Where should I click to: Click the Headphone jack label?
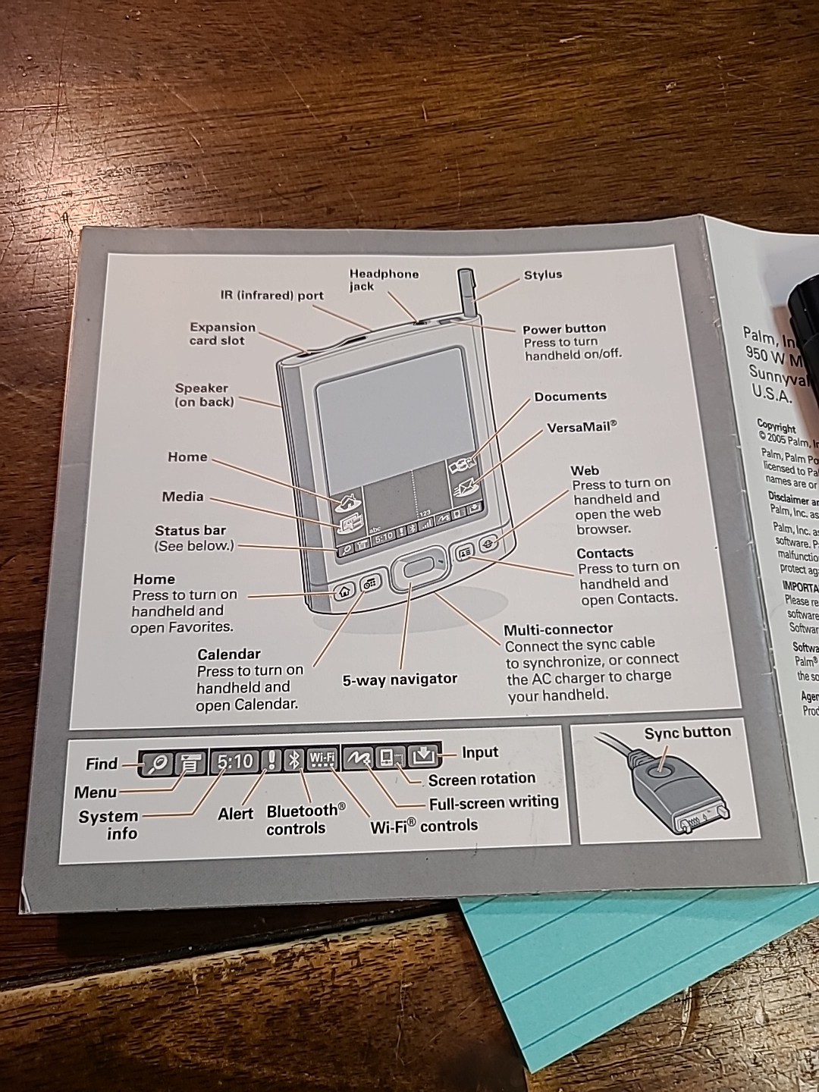click(384, 280)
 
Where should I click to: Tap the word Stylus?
click(543, 275)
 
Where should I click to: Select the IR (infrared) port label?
click(272, 296)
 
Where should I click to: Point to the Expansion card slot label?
click(222, 334)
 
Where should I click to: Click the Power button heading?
click(564, 328)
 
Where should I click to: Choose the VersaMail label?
click(582, 428)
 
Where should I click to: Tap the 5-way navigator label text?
click(400, 679)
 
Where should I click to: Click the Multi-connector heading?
click(558, 629)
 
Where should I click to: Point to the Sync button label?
click(687, 733)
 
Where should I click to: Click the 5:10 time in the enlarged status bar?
click(234, 761)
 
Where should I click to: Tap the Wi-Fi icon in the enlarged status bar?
click(322, 758)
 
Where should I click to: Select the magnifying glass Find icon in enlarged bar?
click(158, 763)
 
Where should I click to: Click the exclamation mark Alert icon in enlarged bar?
click(271, 760)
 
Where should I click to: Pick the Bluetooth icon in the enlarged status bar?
click(294, 759)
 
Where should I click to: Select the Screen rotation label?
click(482, 779)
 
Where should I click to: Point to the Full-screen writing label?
click(493, 802)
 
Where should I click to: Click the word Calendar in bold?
click(228, 654)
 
